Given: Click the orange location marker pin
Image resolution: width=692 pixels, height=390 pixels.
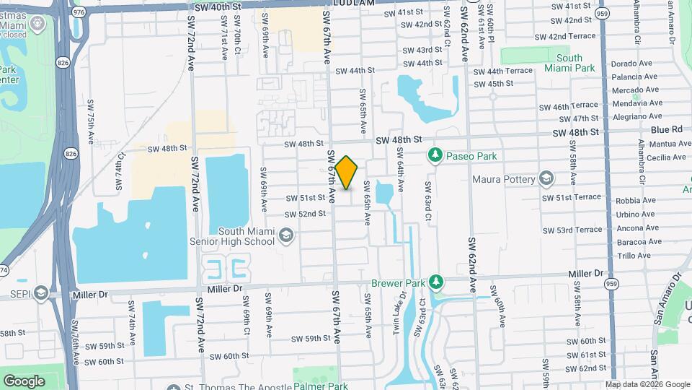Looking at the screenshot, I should (x=346, y=173).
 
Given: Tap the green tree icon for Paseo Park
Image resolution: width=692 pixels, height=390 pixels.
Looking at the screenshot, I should (x=435, y=155).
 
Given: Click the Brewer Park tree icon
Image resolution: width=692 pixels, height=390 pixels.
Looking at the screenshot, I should (x=435, y=280).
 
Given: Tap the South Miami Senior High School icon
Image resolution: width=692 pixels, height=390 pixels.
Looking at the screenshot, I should (x=286, y=235).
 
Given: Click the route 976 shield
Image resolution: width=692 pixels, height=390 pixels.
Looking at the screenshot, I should (x=79, y=12).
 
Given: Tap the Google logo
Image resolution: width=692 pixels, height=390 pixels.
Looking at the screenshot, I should (x=24, y=381).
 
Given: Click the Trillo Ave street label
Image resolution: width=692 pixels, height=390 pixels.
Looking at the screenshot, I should (x=634, y=256).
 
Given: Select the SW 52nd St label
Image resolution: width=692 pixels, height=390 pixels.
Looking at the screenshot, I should (x=305, y=214).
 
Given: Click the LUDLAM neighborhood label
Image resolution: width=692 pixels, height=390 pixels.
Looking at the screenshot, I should (x=354, y=4).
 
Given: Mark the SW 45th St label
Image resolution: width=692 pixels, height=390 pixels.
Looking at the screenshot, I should (x=494, y=84).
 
